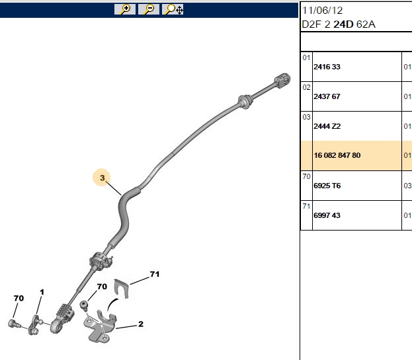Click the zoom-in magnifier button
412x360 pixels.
(125, 9)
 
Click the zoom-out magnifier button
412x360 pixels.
(148, 9)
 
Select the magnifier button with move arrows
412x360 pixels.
(173, 9)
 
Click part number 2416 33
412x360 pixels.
(327, 67)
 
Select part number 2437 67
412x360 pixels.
(327, 96)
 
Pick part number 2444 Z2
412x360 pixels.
(327, 126)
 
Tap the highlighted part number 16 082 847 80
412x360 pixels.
(337, 155)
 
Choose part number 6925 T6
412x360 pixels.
(327, 186)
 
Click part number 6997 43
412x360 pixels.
(327, 215)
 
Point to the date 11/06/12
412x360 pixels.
(323, 11)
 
